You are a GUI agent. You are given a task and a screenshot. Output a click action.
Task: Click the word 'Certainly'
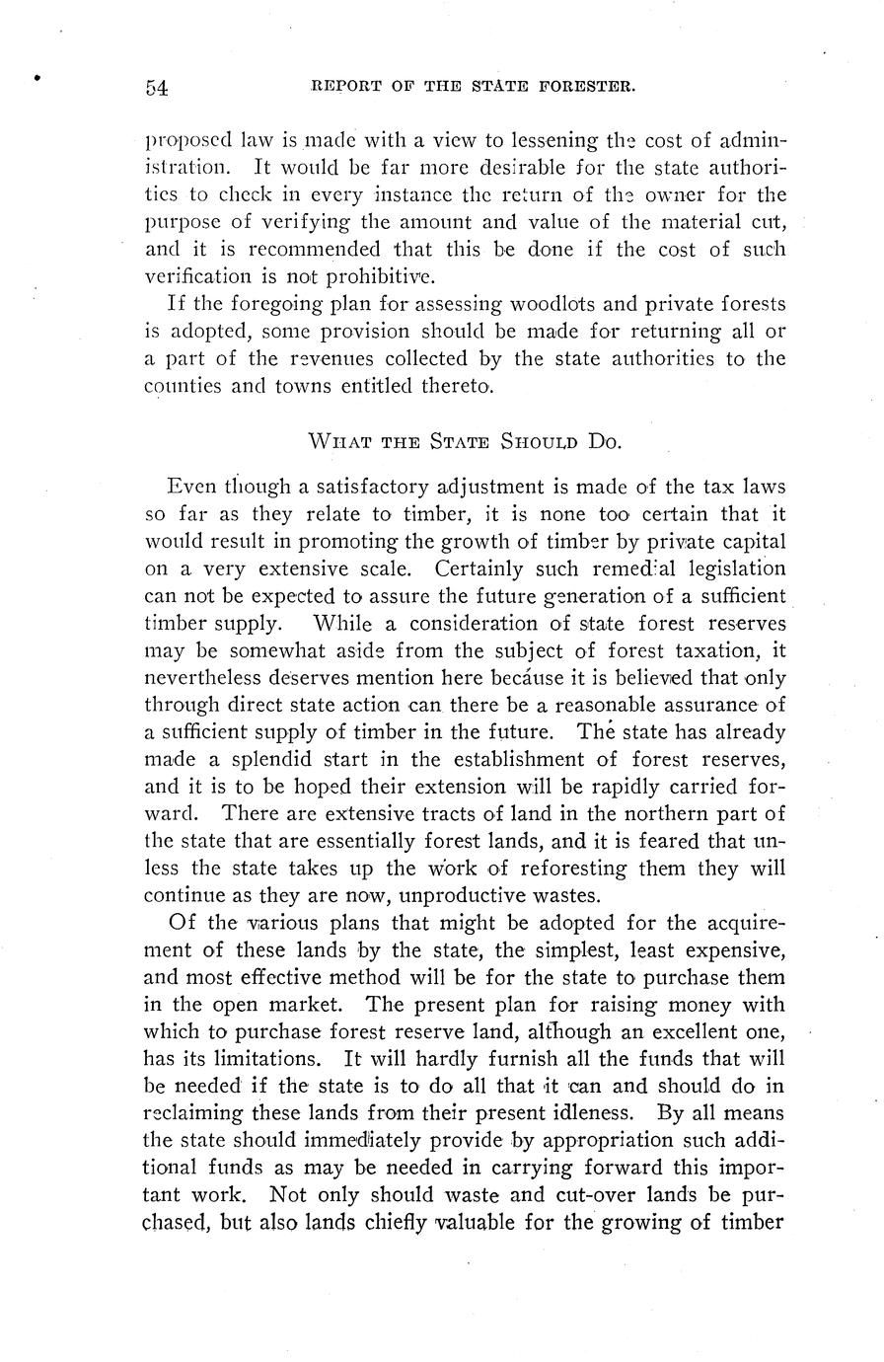coord(478,568)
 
